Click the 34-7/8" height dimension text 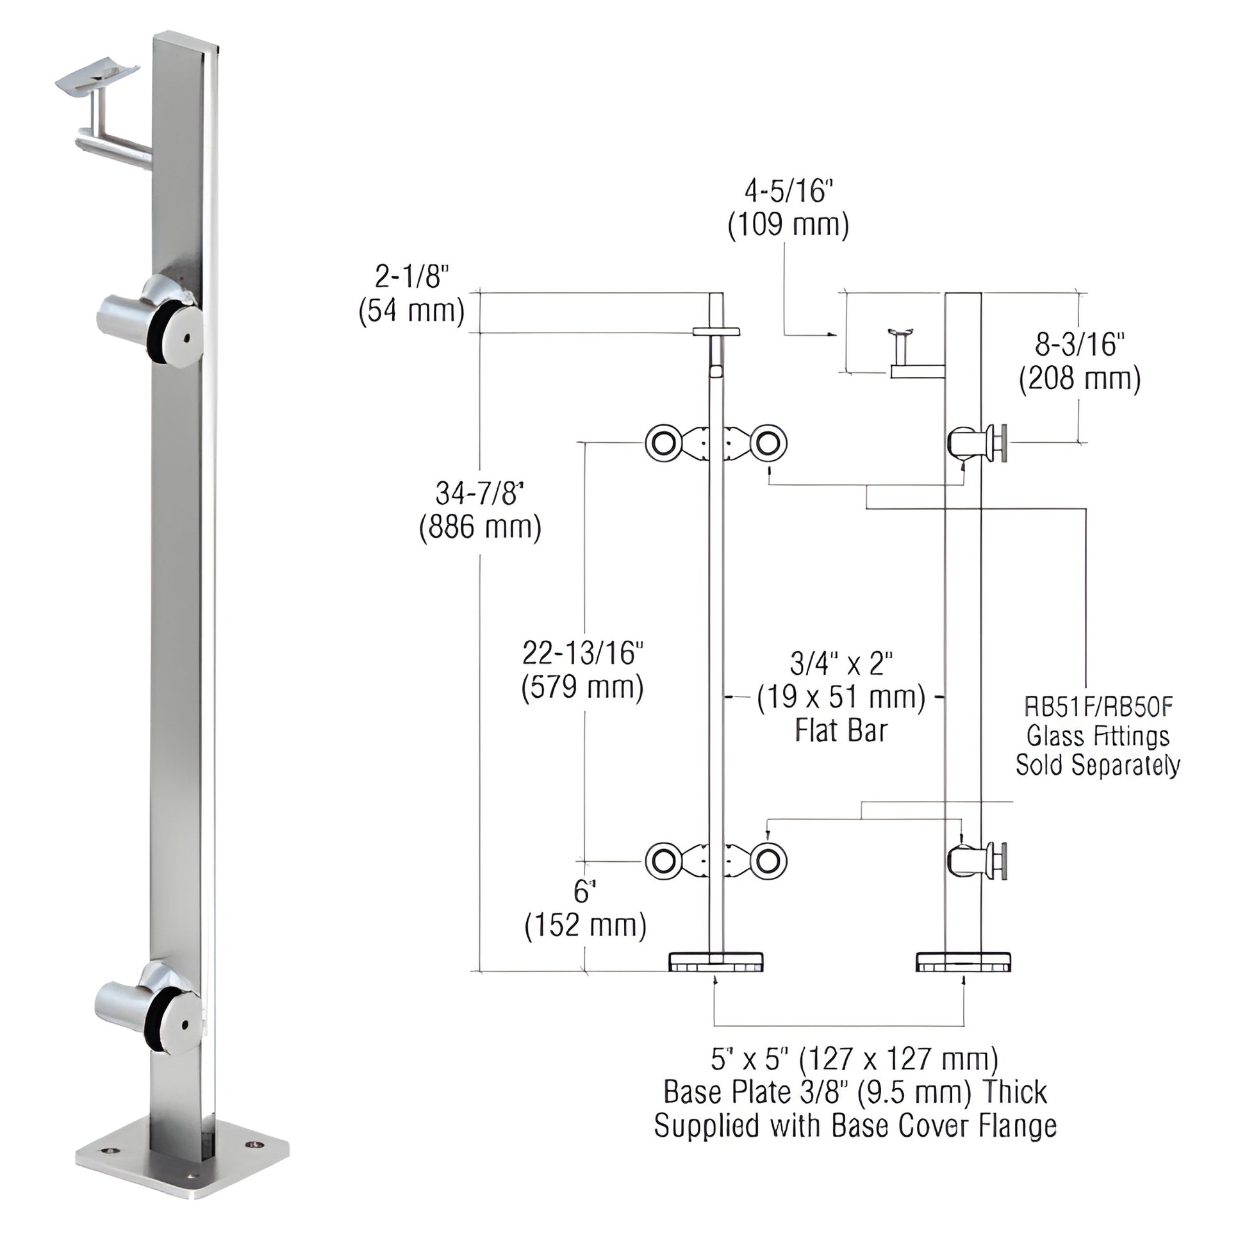pos(479,494)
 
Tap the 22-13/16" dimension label pos(582,653)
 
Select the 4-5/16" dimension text pos(788,192)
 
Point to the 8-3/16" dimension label pos(1079,345)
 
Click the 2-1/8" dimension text pos(412,277)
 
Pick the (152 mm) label pos(585,926)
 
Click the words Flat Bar pos(840,731)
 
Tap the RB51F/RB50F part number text pos(1098,707)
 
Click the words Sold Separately pos(1098,765)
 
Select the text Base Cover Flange pos(944,1127)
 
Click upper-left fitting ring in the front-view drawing pos(661,443)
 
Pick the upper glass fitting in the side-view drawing pos(977,443)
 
